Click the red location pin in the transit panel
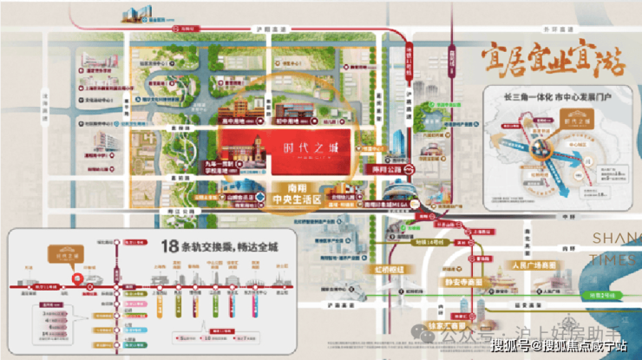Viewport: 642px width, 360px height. point(78,279)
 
